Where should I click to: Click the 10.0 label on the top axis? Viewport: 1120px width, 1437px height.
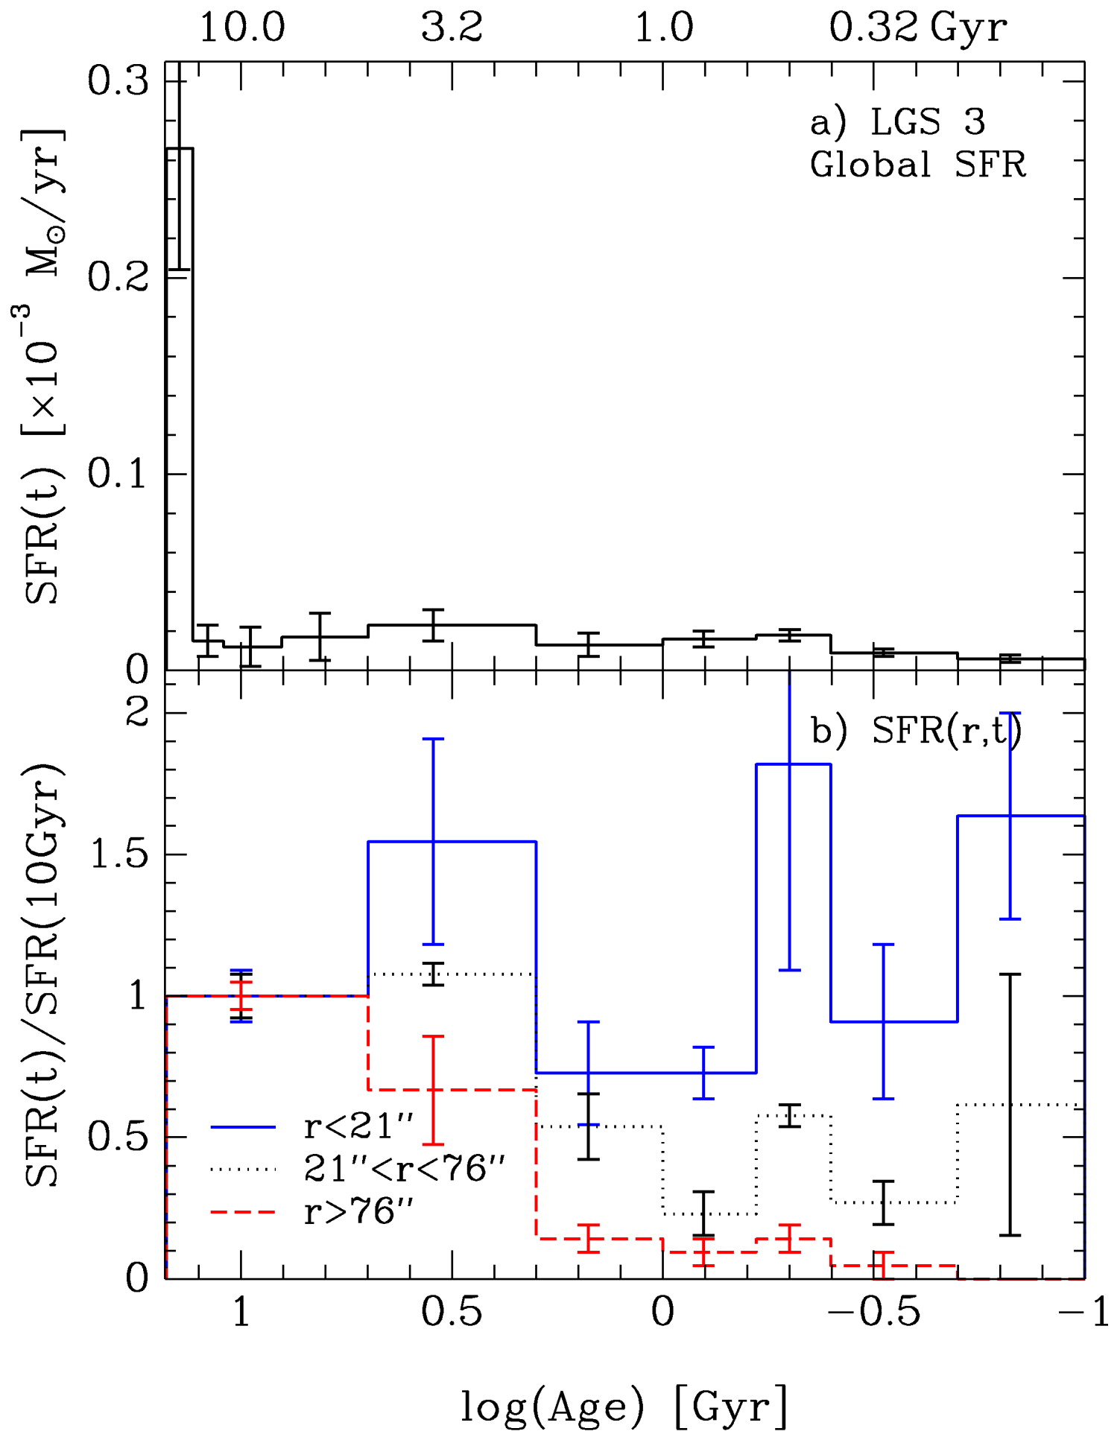[242, 28]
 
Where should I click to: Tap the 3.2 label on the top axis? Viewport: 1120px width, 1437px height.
[452, 28]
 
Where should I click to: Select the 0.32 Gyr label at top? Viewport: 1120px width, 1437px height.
[917, 28]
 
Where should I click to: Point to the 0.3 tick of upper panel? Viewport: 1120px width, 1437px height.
[119, 81]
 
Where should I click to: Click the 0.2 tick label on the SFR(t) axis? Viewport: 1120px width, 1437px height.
[119, 277]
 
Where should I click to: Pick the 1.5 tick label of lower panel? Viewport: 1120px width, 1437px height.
[119, 854]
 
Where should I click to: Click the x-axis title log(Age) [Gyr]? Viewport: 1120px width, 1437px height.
[624, 1406]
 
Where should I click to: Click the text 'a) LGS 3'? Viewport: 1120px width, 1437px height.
[898, 121]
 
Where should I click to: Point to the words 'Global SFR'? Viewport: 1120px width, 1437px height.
[917, 165]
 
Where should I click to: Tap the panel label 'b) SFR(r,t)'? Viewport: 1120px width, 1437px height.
[916, 731]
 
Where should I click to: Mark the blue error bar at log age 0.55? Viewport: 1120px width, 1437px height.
[433, 841]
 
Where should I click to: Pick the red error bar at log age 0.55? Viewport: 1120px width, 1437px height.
[433, 1090]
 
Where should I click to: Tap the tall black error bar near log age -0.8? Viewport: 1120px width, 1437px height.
[1010, 1105]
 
